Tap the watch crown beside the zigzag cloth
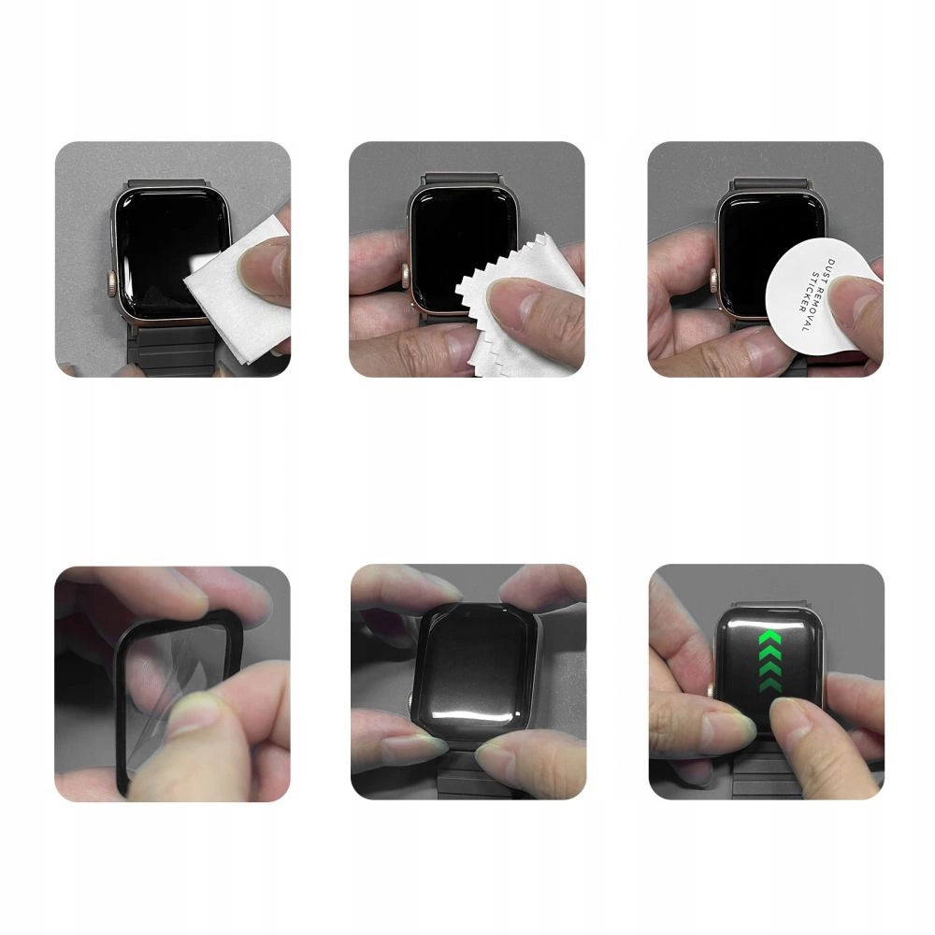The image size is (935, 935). point(407,277)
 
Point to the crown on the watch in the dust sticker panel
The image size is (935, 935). point(712,277)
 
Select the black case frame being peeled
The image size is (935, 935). point(127,711)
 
